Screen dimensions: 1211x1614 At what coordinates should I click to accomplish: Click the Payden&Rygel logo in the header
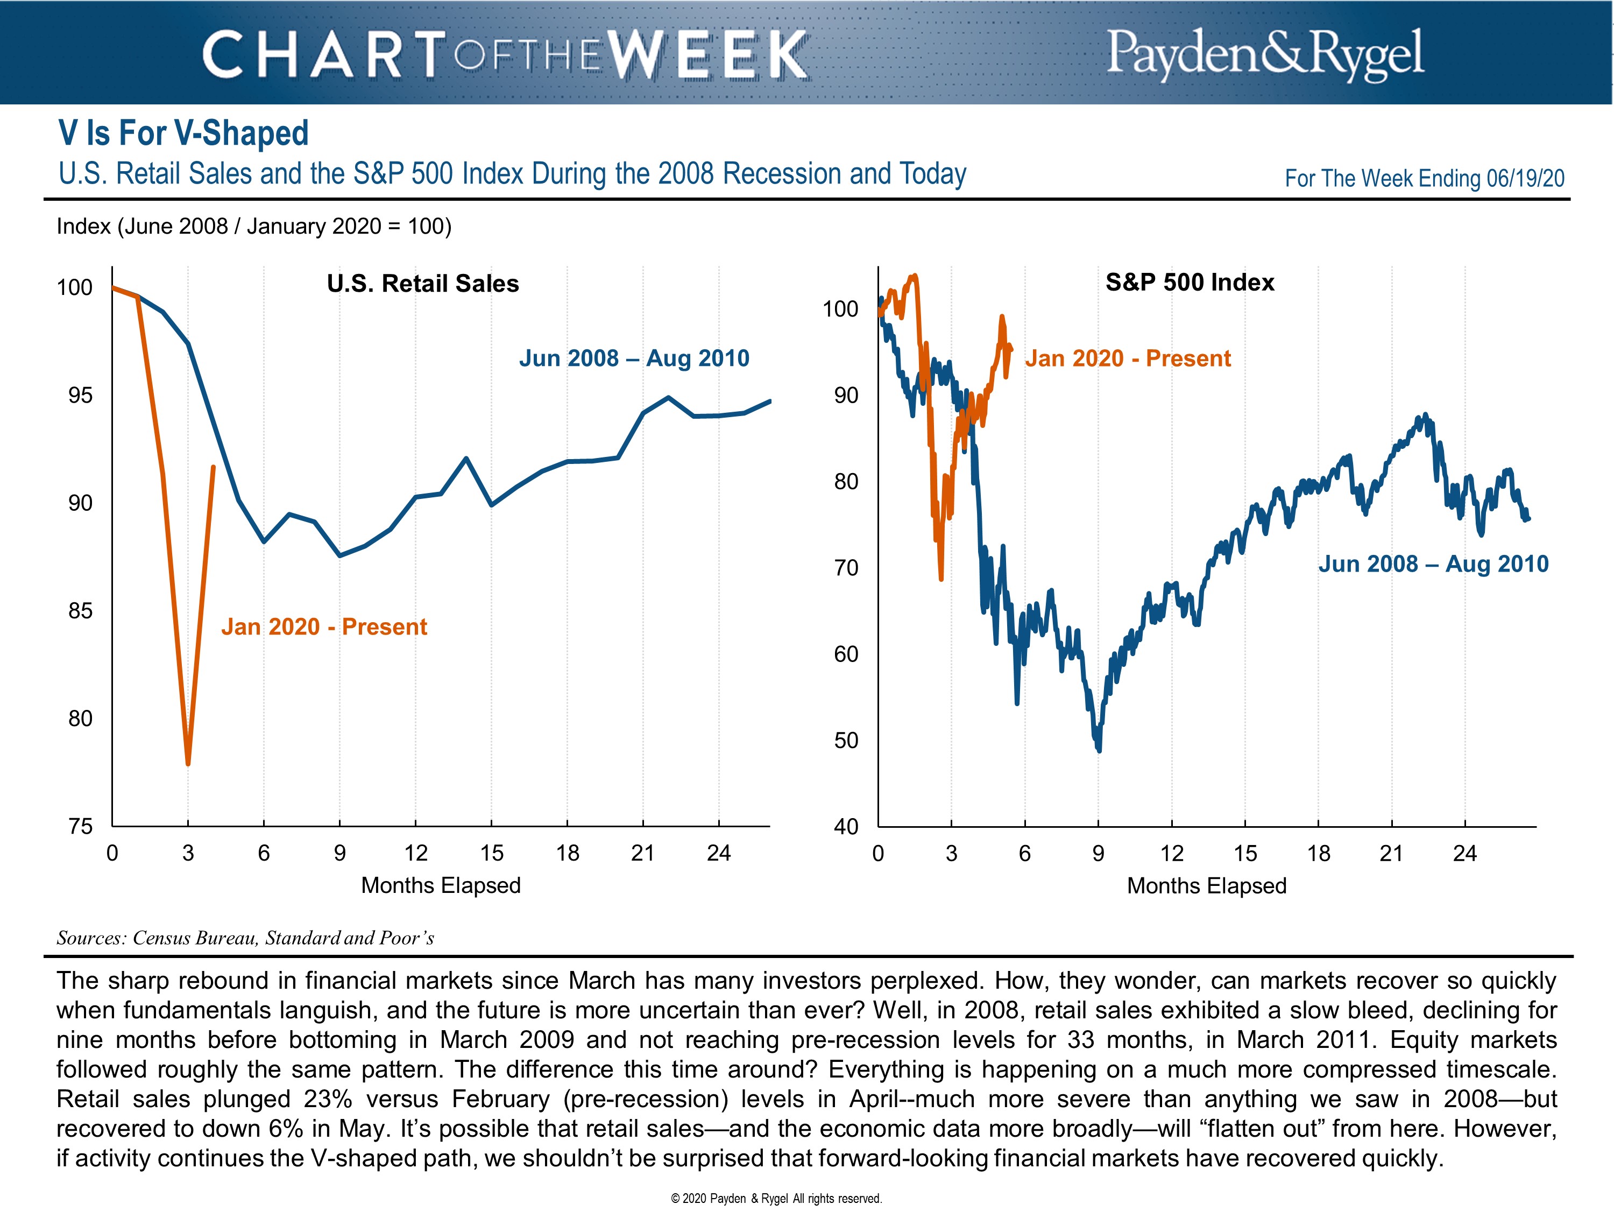pos(1264,53)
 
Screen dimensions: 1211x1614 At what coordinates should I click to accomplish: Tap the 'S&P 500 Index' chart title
pos(1190,283)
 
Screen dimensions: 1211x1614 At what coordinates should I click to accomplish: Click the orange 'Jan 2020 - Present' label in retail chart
pos(324,626)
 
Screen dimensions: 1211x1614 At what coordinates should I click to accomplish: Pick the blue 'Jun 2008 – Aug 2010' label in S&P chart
pos(1433,564)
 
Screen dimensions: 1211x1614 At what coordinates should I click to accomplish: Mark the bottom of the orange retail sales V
pos(188,763)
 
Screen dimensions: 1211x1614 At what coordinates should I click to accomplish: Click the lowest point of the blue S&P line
pos(1099,750)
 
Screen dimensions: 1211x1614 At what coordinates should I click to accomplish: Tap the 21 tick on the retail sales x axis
pos(643,853)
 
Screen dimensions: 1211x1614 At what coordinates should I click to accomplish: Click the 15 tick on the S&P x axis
pos(1245,853)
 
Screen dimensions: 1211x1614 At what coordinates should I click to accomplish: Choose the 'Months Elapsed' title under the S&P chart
pos(1206,885)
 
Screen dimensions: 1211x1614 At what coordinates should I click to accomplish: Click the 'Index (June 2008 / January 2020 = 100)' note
pos(254,226)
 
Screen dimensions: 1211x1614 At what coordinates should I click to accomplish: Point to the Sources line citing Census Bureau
pos(245,938)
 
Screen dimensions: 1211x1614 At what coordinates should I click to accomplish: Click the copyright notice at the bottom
pos(776,1198)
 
